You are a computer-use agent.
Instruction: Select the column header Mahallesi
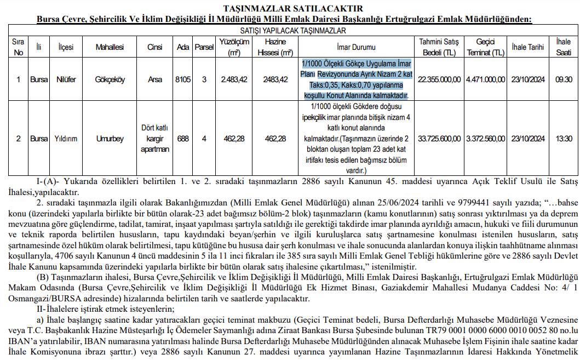point(110,48)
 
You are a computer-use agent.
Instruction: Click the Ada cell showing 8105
point(183,79)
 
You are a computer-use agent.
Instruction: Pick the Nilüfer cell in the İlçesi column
point(66,79)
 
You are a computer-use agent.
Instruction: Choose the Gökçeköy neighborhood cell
point(110,79)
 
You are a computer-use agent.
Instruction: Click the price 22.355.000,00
point(439,79)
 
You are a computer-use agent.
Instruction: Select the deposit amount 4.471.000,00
point(485,79)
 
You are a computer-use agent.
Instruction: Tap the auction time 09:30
point(564,79)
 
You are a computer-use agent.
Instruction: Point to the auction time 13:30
point(564,139)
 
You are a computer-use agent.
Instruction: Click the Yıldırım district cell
point(66,139)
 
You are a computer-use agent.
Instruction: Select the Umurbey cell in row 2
point(110,139)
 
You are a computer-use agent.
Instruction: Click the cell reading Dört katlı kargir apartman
point(155,139)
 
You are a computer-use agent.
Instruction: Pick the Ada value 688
point(183,139)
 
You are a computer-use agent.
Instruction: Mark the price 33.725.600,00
point(439,139)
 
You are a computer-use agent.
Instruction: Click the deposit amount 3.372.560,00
point(485,139)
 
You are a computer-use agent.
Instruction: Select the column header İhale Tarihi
point(527,48)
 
